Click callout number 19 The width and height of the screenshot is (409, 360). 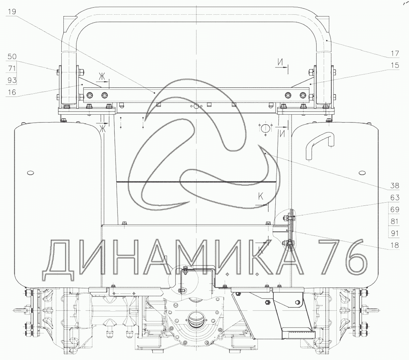[12, 12]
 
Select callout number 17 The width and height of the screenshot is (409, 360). [394, 53]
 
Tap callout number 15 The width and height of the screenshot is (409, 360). [394, 65]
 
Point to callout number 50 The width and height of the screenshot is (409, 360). [12, 56]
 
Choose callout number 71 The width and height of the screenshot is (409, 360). [12, 68]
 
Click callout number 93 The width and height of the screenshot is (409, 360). [12, 80]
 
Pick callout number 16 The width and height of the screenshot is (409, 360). [12, 92]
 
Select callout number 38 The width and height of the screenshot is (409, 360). [394, 186]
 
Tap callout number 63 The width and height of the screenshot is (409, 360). [394, 198]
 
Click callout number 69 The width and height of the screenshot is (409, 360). [394, 210]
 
